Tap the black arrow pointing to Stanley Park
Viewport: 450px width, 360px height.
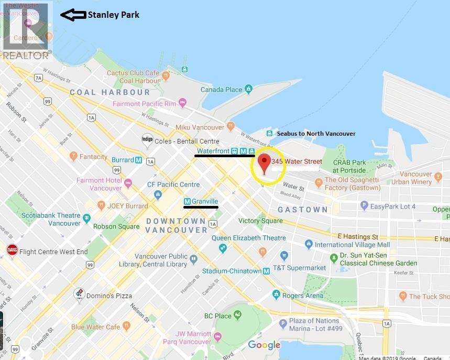[x=73, y=15]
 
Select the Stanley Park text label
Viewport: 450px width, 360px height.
[x=113, y=15]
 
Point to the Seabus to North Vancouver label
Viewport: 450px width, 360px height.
[x=316, y=134]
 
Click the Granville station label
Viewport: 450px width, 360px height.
[x=204, y=202]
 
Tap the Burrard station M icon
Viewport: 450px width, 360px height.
[x=138, y=160]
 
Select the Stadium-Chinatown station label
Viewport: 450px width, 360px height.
[x=232, y=271]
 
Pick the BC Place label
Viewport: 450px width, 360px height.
[x=217, y=315]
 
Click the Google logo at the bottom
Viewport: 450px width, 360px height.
[x=264, y=345]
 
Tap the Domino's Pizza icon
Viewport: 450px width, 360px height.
[x=79, y=295]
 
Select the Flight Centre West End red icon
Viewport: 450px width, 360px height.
[x=12, y=252]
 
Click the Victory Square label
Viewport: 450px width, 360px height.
[x=260, y=221]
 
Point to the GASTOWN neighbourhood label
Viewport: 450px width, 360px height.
[x=302, y=210]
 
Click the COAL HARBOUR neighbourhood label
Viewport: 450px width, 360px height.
[x=110, y=92]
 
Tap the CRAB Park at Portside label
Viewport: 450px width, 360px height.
[x=349, y=166]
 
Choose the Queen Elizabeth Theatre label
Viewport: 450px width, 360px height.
[x=249, y=238]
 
